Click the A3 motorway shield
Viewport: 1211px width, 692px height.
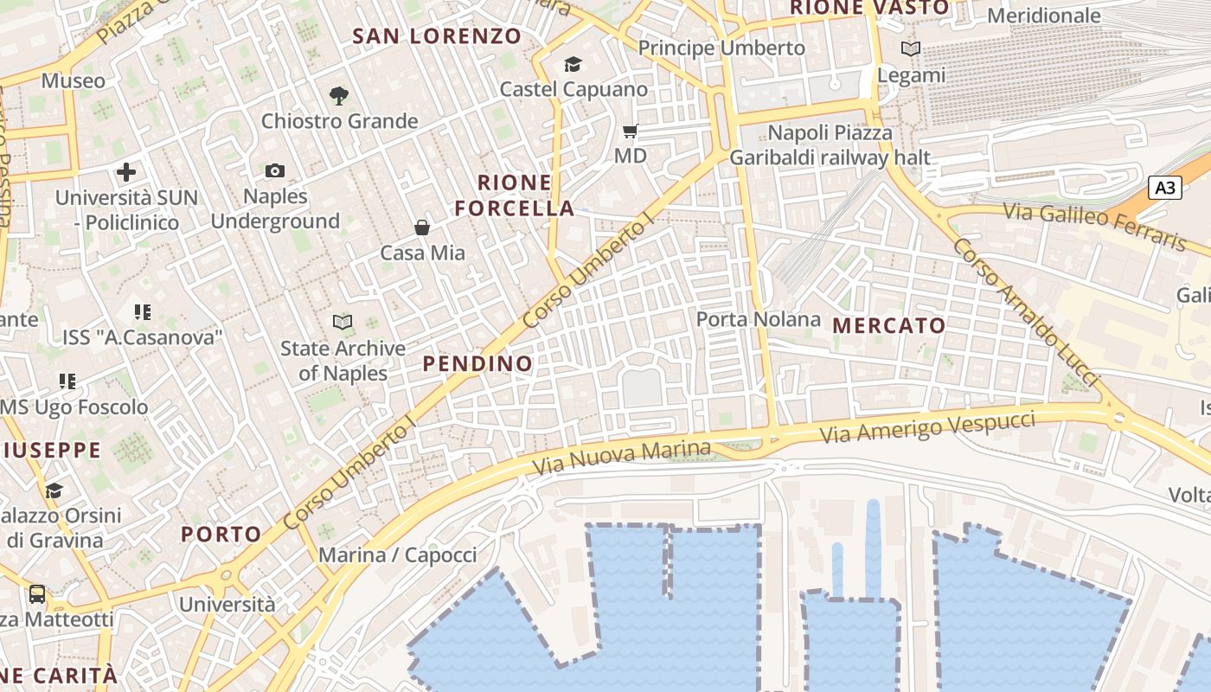(x=1165, y=188)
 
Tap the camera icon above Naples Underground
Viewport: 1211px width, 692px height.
(x=275, y=170)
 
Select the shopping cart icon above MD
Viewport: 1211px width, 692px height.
(x=631, y=131)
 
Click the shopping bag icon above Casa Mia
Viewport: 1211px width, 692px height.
(x=422, y=227)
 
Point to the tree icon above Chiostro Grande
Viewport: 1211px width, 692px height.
(x=339, y=96)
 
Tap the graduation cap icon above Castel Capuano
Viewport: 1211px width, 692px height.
(x=573, y=64)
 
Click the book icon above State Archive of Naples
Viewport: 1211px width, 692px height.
(x=343, y=323)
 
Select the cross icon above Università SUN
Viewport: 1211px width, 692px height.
(x=126, y=171)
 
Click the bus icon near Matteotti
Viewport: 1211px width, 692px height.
(x=37, y=594)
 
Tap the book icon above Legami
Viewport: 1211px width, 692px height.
(x=910, y=49)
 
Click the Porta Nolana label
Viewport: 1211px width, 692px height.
(x=759, y=319)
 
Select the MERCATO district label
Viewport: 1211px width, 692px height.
(x=889, y=326)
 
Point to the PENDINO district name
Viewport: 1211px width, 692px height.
(x=477, y=363)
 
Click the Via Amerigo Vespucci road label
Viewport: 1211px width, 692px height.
(x=927, y=427)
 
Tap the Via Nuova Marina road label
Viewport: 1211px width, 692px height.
(x=621, y=457)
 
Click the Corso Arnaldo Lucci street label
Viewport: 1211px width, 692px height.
(x=1026, y=313)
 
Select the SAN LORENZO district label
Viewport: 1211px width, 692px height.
(x=438, y=36)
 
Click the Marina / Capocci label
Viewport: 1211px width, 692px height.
(x=398, y=555)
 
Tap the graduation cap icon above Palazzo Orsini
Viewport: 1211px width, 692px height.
(x=54, y=491)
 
